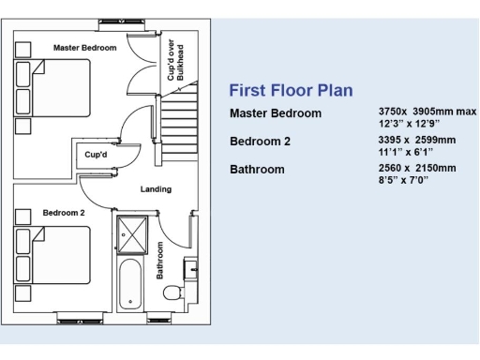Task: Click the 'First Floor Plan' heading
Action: tap(291, 91)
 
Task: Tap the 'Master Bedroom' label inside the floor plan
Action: tap(84, 48)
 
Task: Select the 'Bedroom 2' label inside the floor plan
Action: tap(64, 213)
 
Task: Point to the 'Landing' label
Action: tap(156, 189)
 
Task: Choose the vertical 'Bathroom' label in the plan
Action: tap(160, 260)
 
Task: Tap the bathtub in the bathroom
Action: tap(130, 280)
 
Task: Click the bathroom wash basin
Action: tap(192, 269)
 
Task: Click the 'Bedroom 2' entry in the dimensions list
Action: tap(261, 142)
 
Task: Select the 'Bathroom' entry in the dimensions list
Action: tap(257, 170)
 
